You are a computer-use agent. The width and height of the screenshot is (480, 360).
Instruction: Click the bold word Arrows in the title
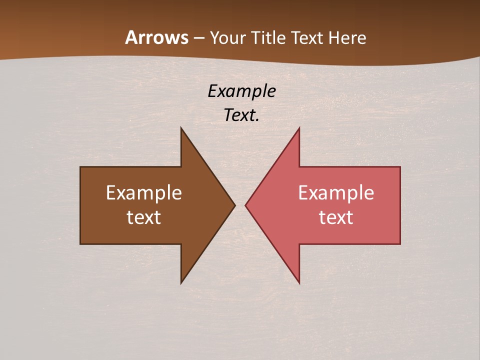click(x=156, y=38)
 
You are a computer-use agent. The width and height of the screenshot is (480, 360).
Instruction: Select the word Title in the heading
click(x=268, y=38)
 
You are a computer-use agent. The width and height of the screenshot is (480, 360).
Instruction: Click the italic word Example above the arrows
click(x=241, y=91)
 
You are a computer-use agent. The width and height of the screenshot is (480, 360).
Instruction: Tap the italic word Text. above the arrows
click(x=240, y=115)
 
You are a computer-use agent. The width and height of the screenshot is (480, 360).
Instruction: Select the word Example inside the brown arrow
click(x=144, y=193)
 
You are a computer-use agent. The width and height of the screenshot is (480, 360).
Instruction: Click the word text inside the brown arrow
click(x=144, y=217)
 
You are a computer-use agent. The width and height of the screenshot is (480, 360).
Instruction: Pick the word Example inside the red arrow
click(x=336, y=193)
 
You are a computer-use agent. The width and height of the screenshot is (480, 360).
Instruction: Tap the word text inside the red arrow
click(x=336, y=217)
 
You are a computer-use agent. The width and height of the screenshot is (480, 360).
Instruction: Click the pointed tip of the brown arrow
click(x=234, y=205)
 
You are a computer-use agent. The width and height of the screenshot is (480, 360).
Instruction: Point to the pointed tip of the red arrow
click(x=246, y=205)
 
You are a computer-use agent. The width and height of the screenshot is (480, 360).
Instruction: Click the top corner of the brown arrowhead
click(x=181, y=128)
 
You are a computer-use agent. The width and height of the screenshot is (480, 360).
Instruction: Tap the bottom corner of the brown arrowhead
click(x=181, y=282)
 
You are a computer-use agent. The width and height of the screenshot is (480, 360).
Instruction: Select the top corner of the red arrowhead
click(x=299, y=128)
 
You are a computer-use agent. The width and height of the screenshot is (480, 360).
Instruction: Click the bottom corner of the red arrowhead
click(x=299, y=282)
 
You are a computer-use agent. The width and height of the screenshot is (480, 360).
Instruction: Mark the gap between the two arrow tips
click(x=240, y=205)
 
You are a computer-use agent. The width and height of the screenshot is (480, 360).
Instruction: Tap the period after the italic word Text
click(x=257, y=120)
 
